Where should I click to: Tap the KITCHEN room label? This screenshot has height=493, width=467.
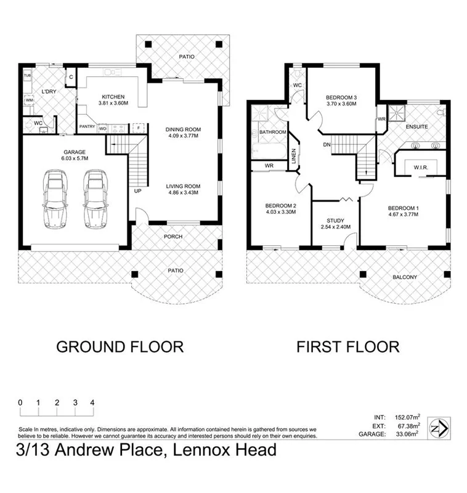click(x=113, y=97)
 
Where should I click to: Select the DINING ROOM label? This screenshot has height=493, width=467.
click(x=183, y=129)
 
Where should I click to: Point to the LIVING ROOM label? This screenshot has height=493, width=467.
click(x=183, y=185)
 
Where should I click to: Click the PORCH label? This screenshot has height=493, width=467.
click(x=174, y=236)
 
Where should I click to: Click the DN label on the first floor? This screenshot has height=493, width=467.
click(x=327, y=145)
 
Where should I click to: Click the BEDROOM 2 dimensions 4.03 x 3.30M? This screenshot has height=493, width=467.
click(x=281, y=212)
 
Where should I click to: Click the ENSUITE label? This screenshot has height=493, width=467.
click(x=417, y=126)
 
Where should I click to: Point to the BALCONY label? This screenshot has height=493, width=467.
click(x=404, y=277)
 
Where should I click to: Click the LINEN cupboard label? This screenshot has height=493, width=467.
click(x=294, y=158)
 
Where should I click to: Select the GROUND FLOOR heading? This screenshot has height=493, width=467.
click(x=120, y=347)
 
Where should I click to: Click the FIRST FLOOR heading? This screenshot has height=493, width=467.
click(x=347, y=347)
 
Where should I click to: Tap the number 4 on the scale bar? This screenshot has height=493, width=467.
click(x=92, y=402)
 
